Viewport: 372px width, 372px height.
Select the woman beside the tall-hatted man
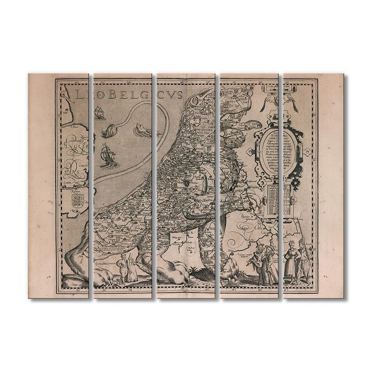(269, 265)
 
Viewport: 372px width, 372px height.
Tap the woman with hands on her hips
(291, 263)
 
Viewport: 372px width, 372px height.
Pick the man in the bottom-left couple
(122, 269)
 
